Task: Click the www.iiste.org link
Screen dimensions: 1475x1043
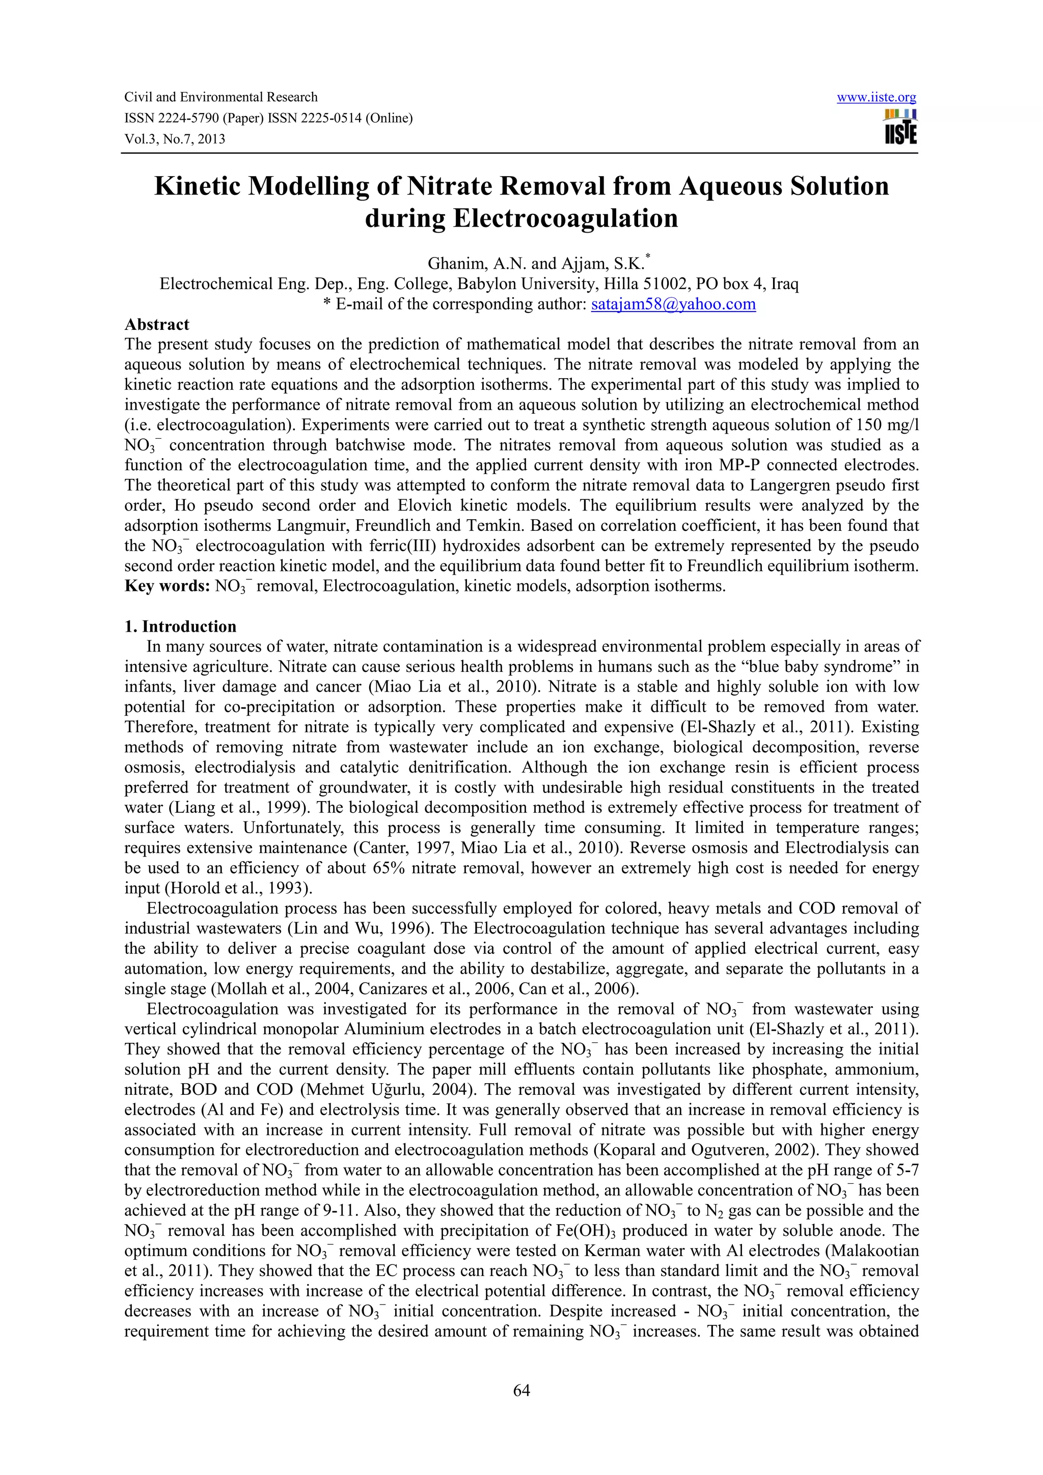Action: [x=876, y=98]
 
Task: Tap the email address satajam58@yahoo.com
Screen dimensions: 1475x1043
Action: [x=673, y=304]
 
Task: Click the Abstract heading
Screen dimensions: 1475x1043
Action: [x=157, y=324]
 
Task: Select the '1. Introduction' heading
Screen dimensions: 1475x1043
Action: [x=181, y=627]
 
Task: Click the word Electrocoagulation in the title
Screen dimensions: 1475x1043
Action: [x=565, y=218]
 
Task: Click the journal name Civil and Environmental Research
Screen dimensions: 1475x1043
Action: [x=221, y=98]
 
